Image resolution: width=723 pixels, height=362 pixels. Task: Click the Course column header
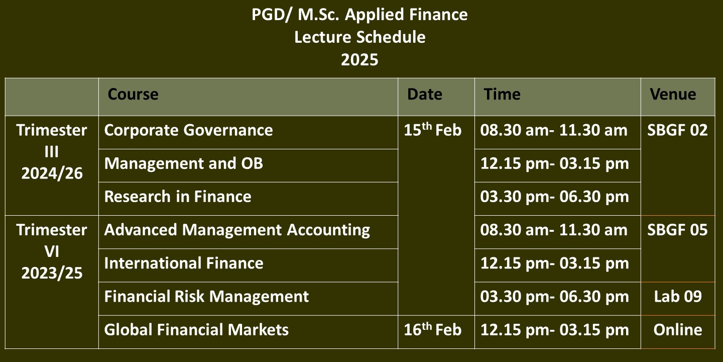coord(133,95)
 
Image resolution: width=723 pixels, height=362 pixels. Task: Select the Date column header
coord(424,95)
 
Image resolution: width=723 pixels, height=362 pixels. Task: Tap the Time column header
coord(502,95)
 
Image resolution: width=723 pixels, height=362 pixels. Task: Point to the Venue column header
coord(673,95)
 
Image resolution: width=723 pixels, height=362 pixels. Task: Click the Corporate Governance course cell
coord(188,130)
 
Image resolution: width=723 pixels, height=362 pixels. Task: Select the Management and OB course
coord(183,163)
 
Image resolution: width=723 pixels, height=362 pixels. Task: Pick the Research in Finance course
coord(178,197)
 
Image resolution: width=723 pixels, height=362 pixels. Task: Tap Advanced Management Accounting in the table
coord(237,230)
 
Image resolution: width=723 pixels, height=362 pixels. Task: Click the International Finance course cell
coord(184,263)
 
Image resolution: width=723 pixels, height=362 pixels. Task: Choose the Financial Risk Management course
coord(206,297)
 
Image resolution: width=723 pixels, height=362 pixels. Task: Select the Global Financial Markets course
coord(196,330)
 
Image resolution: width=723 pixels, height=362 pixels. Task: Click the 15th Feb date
coord(432,129)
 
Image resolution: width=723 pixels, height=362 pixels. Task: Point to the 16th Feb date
coord(432,329)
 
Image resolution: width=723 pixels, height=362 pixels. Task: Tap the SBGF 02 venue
coord(677,130)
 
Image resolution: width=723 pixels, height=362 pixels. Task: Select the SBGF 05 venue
coord(677,230)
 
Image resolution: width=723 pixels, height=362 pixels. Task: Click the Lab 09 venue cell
coord(678,297)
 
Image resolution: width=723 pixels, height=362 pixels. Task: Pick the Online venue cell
coord(678,330)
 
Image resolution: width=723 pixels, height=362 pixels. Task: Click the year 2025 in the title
coord(359,60)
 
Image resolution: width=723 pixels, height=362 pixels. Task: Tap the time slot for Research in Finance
coord(554,197)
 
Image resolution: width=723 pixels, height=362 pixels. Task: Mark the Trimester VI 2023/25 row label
coord(52,251)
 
